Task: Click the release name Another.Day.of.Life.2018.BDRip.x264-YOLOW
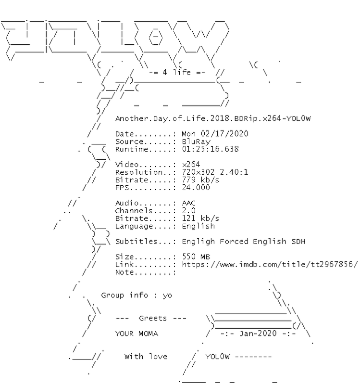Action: [x=213, y=118]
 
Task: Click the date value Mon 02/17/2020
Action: [x=215, y=134]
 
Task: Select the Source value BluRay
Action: [x=196, y=142]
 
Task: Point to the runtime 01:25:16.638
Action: [x=210, y=149]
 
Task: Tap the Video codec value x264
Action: [x=191, y=164]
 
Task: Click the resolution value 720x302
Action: [x=198, y=172]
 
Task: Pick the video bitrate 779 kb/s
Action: [x=200, y=180]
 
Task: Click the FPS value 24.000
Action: [x=196, y=187]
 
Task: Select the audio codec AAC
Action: [x=189, y=203]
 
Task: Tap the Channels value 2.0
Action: [x=189, y=210]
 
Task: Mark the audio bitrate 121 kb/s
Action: [x=200, y=218]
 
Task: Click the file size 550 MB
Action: [x=196, y=257]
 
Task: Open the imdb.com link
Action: [x=270, y=264]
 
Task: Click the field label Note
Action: [x=125, y=272]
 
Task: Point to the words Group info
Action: [x=124, y=295]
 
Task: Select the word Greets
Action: [x=153, y=318]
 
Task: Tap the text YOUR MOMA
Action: [x=137, y=334]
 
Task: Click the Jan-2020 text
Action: [x=258, y=334]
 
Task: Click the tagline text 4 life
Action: [x=176, y=72]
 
